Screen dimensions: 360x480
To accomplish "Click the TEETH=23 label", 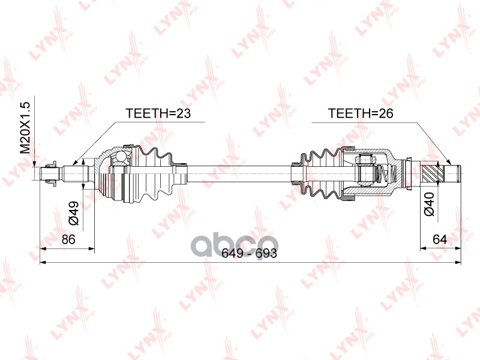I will (154, 114).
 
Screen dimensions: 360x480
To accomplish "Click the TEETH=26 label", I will (360, 114).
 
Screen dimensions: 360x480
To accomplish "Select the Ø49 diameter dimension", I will (73, 213).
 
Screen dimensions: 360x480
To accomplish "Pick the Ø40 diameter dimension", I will (429, 204).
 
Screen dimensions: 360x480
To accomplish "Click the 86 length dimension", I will (68, 239).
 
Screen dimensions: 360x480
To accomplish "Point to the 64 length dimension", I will (440, 239).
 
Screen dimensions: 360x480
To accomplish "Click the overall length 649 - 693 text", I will (248, 253).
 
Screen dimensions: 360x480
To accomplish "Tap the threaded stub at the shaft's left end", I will (48, 175).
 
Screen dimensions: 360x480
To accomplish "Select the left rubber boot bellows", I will (157, 173).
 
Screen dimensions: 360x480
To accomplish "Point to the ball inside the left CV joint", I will (121, 157).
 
